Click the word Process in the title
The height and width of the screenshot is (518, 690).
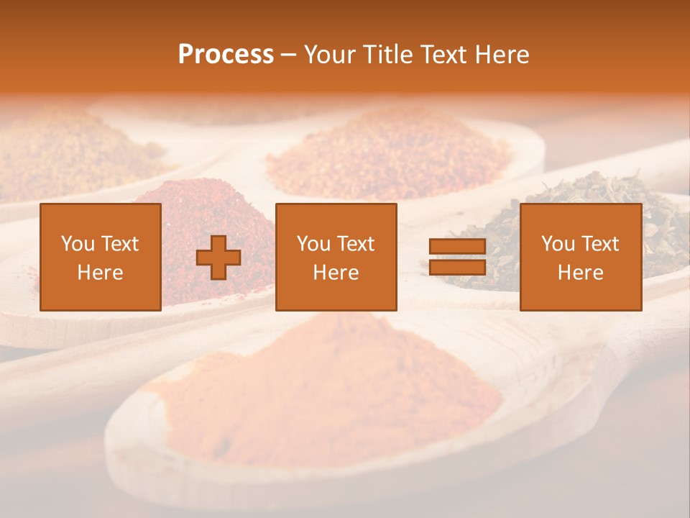click(226, 55)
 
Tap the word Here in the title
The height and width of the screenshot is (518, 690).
click(503, 55)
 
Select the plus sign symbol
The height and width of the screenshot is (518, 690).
click(218, 258)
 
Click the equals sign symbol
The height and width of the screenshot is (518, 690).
click(457, 257)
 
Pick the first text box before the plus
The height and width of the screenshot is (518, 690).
click(101, 257)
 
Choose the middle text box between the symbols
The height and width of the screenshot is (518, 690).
click(336, 257)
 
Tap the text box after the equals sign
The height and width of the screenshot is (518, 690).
click(581, 257)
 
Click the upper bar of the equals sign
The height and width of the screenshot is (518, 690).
click(457, 247)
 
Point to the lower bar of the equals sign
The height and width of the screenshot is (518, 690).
click(457, 268)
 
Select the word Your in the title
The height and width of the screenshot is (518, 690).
click(331, 55)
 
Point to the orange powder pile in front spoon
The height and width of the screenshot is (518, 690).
click(323, 388)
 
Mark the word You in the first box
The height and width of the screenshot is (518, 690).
click(78, 244)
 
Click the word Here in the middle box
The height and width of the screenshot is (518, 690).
click(336, 273)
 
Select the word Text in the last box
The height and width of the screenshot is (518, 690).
click(602, 244)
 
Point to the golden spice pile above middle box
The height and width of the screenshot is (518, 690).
click(388, 151)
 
